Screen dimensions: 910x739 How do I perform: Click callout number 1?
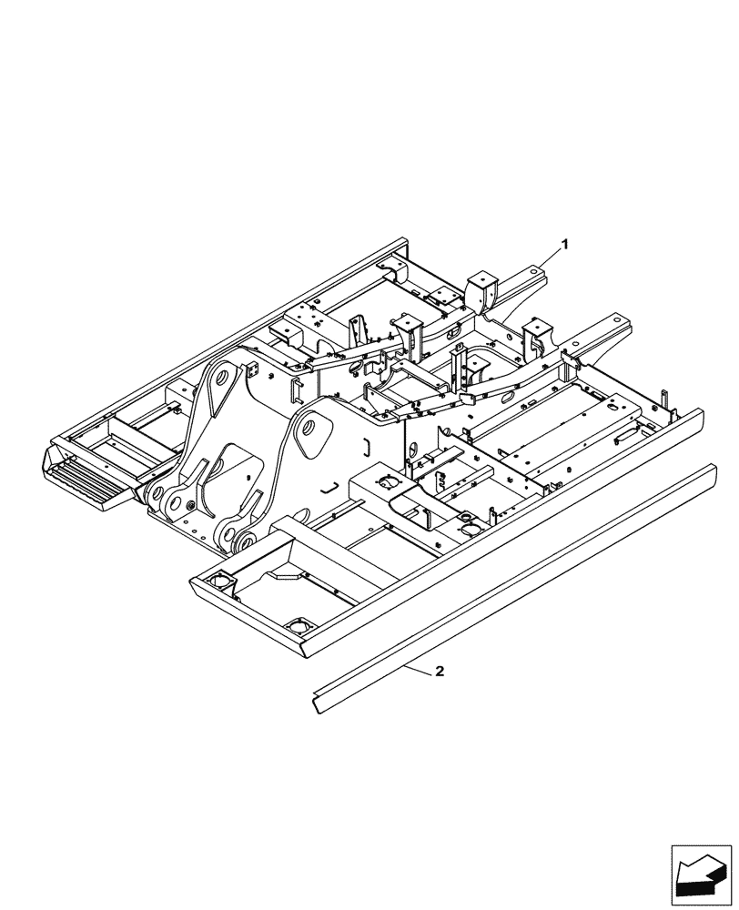tap(565, 244)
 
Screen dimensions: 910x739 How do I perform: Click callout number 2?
tap(440, 672)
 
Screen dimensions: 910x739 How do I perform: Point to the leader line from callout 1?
tap(550, 256)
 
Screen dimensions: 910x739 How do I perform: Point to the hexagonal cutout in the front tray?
tap(285, 574)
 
